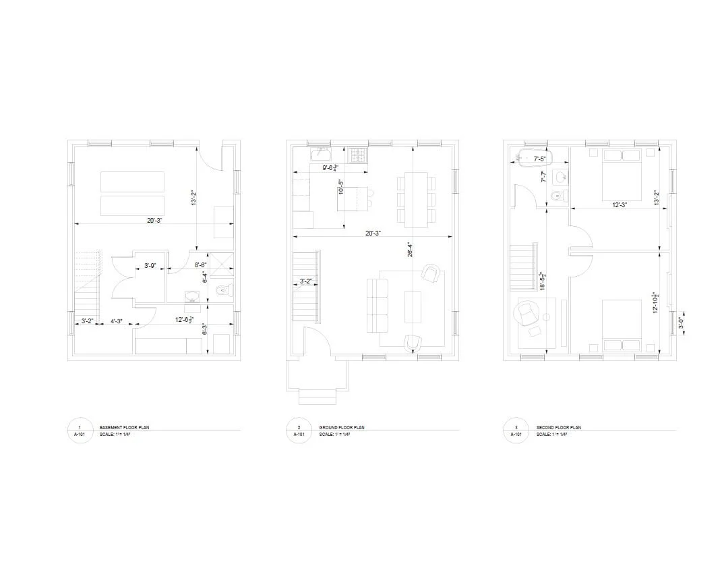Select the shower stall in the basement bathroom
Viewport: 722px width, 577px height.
coord(220,265)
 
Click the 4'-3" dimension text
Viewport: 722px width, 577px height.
coord(117,321)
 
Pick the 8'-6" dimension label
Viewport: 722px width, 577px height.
coord(200,266)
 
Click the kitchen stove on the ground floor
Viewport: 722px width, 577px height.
coord(357,155)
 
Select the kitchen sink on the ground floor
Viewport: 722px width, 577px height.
coord(320,155)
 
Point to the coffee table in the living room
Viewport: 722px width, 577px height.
coord(413,306)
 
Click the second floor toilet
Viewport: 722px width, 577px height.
coord(558,196)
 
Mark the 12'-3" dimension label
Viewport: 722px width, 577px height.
coord(620,204)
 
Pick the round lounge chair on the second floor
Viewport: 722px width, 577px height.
coord(527,313)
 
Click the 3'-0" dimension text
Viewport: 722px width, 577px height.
coord(680,323)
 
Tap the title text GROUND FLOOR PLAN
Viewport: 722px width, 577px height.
coord(342,428)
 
